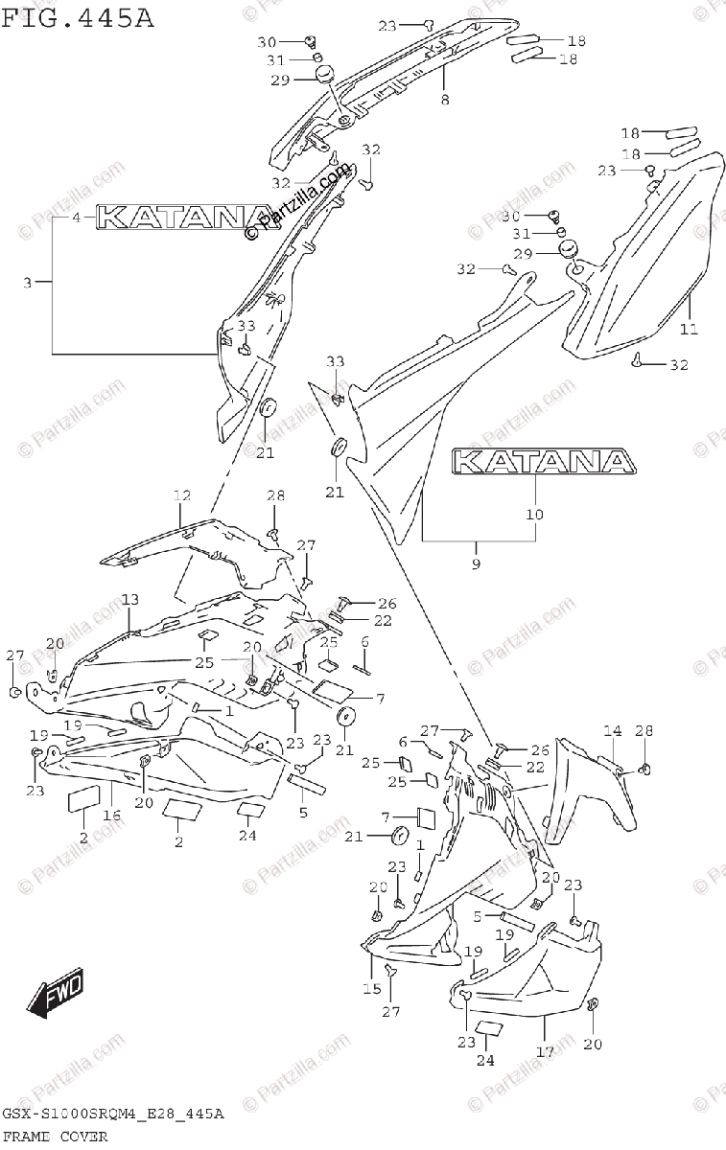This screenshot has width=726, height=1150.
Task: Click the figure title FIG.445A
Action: point(77,16)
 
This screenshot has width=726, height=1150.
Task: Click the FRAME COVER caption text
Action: point(55,1137)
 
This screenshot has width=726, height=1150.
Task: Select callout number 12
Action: point(182,495)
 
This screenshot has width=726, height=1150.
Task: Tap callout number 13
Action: point(129,599)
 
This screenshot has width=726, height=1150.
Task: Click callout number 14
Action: point(612,731)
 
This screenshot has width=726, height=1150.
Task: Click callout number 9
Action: point(476,563)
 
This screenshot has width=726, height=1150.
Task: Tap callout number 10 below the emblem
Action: point(534,515)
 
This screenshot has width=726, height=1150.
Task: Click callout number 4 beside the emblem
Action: point(77,218)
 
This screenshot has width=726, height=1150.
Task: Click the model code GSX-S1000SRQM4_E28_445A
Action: point(113,1115)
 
